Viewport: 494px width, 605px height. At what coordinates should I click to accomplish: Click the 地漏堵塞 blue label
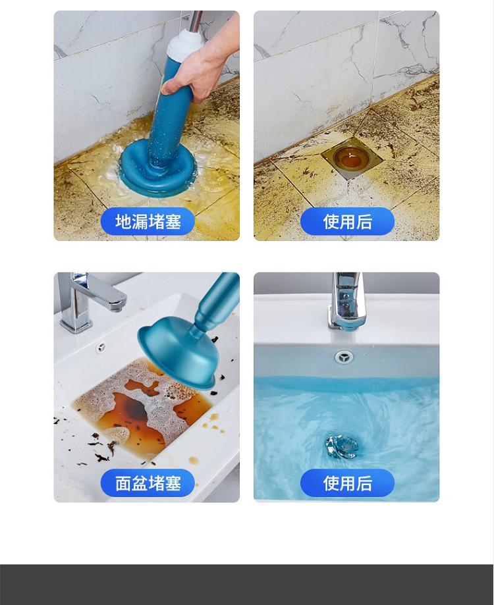point(148,221)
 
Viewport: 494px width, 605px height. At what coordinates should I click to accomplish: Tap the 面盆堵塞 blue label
point(148,483)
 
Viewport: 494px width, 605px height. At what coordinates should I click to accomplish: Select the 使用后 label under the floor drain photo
point(347,221)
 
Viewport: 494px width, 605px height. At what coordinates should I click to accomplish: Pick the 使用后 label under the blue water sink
point(347,483)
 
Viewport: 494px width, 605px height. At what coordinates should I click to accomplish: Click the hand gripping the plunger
point(197,69)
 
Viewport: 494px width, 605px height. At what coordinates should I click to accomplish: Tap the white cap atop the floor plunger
point(185,43)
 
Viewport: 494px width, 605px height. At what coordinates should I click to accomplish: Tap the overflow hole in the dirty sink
point(101,347)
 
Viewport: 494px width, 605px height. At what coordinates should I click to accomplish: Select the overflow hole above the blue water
point(343,357)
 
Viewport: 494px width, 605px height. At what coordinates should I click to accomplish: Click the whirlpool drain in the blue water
point(341,446)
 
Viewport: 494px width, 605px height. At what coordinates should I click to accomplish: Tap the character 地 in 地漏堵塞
point(123,221)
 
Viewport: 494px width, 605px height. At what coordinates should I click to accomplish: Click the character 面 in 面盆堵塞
point(123,483)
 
